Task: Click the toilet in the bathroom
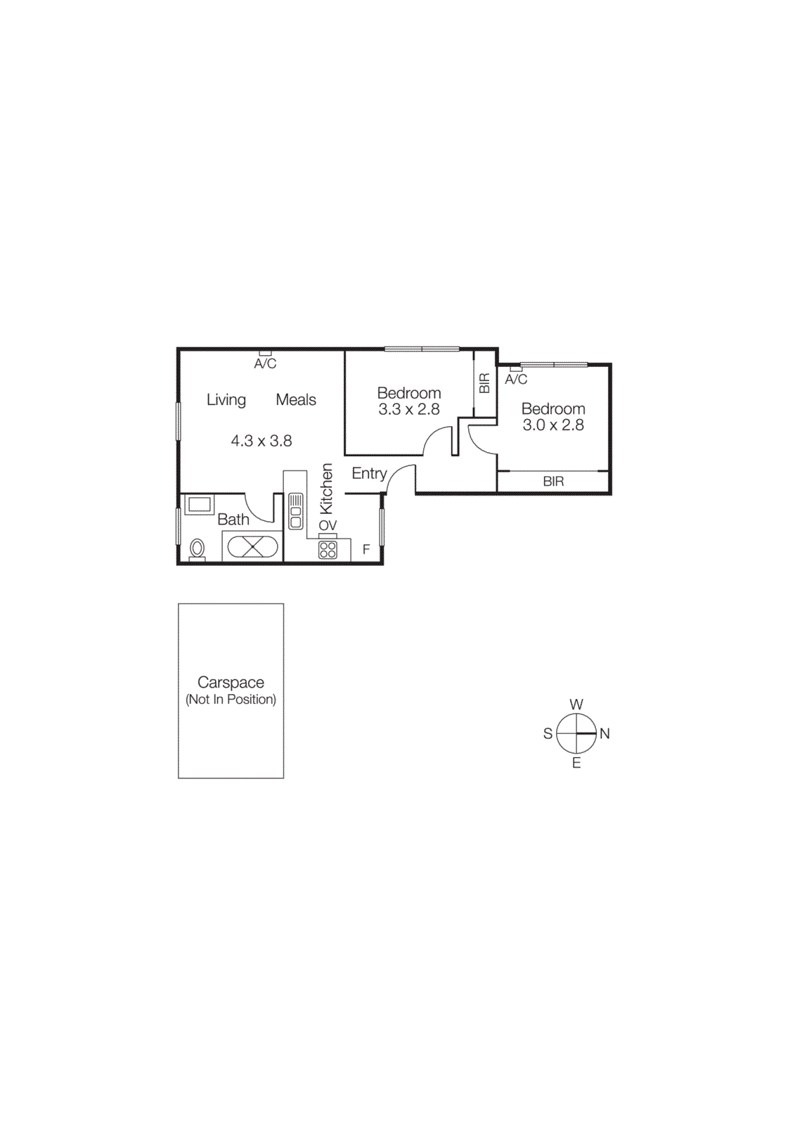coord(198,548)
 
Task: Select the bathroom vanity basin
coord(199,504)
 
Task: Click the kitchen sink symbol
coord(296,510)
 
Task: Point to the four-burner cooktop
coord(328,550)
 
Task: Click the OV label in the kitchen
coord(328,525)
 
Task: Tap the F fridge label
coord(366,550)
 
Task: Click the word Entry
coord(369,473)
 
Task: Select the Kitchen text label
coord(326,489)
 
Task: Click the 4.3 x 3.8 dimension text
coord(261,441)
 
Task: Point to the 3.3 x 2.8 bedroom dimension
coord(408,409)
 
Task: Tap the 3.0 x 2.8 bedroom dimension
coord(552,425)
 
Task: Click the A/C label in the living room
coord(265,364)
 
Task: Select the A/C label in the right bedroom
coord(515,380)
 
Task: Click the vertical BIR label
coord(484,383)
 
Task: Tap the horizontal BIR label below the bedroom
coord(553,482)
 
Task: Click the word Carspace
coord(231,682)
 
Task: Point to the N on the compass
coord(605,733)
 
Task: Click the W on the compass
coord(576,704)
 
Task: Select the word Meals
coord(295,399)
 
